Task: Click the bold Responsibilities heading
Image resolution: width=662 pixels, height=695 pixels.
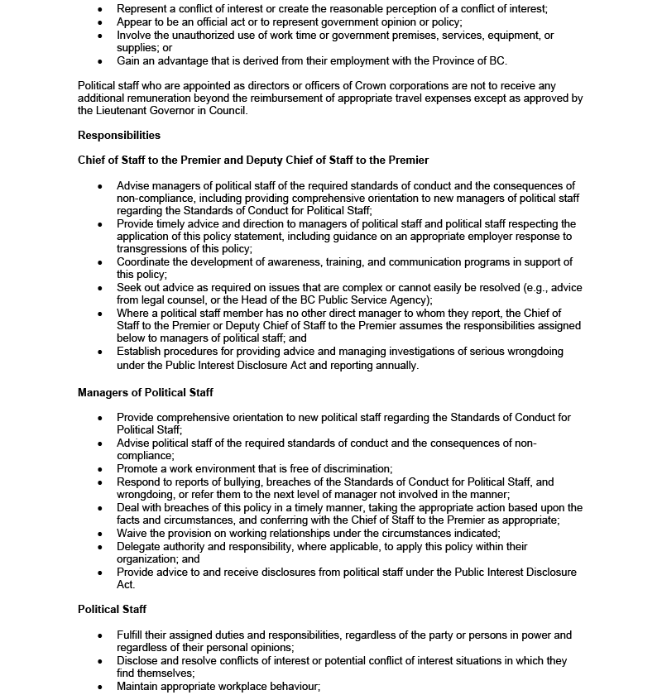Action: [119, 135]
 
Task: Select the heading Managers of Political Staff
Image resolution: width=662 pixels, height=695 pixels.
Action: [146, 392]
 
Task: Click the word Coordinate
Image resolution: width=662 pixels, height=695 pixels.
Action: [145, 262]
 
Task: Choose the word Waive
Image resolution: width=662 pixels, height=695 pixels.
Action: [132, 534]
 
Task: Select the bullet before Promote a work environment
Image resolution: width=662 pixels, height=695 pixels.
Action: [100, 469]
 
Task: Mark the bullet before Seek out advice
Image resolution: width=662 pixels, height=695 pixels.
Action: [100, 288]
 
